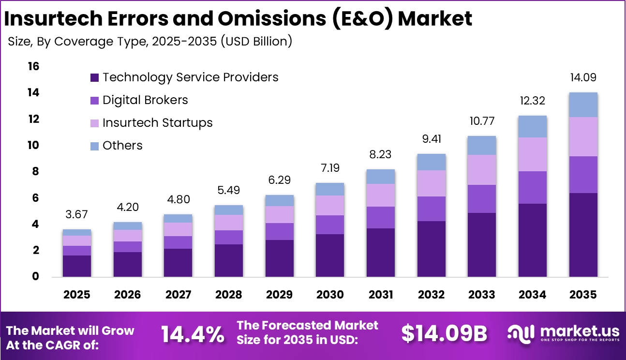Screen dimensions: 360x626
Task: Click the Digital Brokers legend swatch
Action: coord(94,100)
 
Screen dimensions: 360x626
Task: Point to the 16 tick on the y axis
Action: coord(33,66)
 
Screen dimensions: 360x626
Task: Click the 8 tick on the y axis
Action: coord(35,172)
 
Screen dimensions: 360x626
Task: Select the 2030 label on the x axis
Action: coord(330,295)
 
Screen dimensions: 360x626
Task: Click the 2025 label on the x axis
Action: coord(76,295)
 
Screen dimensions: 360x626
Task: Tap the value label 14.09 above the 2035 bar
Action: coord(582,77)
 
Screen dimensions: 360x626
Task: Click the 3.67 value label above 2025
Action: coord(76,214)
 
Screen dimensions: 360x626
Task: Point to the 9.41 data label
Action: coord(431,139)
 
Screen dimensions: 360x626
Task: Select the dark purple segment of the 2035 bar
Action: coord(582,235)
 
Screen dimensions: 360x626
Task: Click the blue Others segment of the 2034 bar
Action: coord(532,126)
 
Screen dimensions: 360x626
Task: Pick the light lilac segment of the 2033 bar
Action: coord(481,169)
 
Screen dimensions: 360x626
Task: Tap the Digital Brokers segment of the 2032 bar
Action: coord(431,209)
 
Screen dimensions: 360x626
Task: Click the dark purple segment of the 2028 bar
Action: coord(229,260)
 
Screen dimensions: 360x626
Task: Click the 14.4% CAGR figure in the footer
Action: coord(193,334)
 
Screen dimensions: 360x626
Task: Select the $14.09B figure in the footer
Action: coord(444,333)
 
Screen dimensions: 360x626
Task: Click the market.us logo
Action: coord(563,333)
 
